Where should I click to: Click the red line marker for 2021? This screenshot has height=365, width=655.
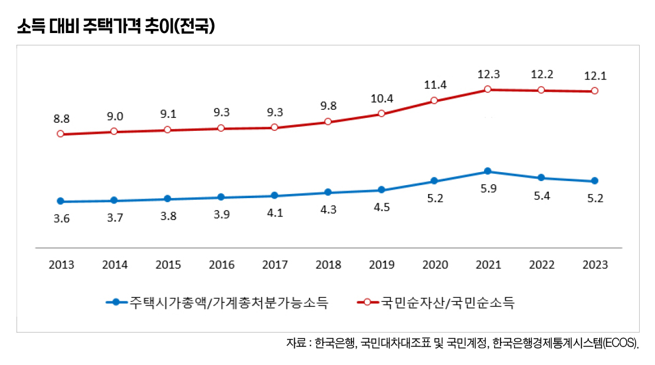[x=488, y=90]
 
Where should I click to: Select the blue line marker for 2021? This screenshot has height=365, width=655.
[x=488, y=172]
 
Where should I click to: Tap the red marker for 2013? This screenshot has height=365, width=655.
[x=60, y=134]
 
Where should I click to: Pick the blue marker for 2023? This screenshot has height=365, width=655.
[x=594, y=181]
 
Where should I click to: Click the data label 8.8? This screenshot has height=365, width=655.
[x=61, y=119]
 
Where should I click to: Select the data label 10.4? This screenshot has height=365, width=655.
[x=381, y=98]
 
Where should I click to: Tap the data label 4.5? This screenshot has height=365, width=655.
[x=382, y=208]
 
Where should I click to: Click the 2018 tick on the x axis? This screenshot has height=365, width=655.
[x=328, y=265]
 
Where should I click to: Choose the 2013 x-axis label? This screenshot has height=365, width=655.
[x=61, y=265]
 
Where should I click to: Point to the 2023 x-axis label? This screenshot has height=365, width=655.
[x=595, y=265]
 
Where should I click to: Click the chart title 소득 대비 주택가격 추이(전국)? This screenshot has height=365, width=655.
[x=114, y=27]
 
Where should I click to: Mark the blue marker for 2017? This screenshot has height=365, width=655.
[x=274, y=196]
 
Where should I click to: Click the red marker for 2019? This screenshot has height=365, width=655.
[x=381, y=114]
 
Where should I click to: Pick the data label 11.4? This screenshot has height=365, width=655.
[x=435, y=85]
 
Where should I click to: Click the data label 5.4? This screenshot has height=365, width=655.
[x=542, y=196]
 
